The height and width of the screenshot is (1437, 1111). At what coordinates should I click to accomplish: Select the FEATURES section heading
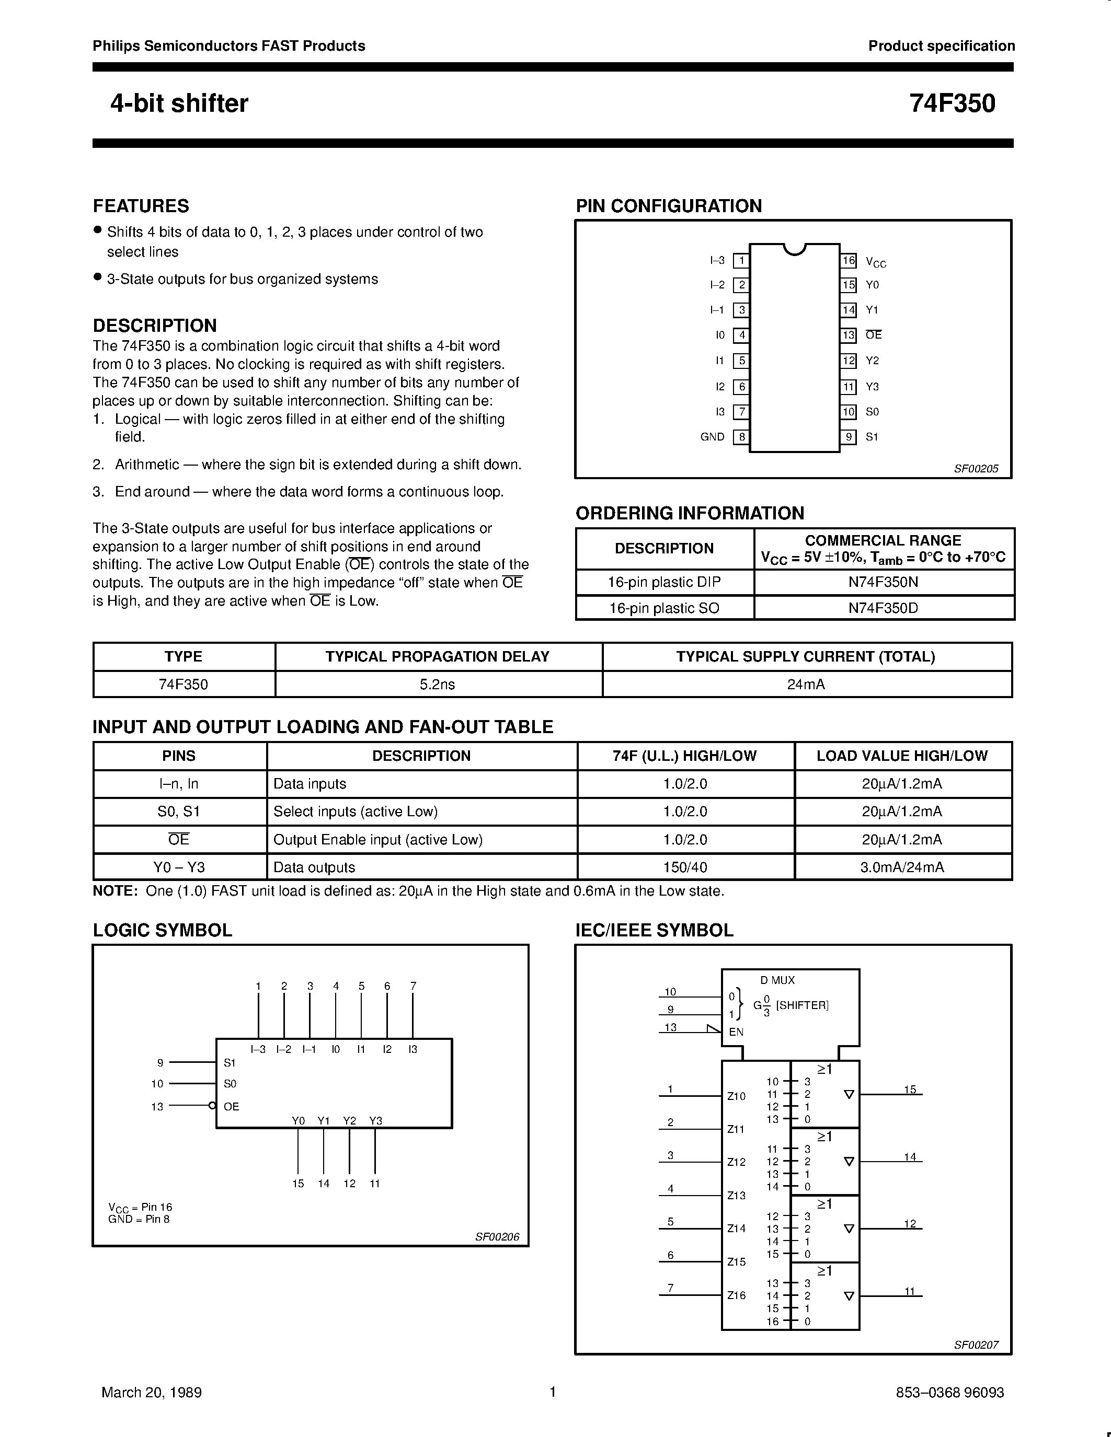(x=141, y=206)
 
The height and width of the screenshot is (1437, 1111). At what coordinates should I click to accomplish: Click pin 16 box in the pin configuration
(x=849, y=261)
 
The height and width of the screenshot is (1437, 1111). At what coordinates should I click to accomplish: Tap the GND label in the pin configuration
(x=712, y=437)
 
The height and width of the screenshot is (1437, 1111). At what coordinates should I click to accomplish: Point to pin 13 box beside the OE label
(x=849, y=335)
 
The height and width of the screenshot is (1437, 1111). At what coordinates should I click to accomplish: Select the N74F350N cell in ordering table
(x=883, y=582)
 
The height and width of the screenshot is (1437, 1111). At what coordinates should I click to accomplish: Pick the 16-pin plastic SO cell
(x=664, y=608)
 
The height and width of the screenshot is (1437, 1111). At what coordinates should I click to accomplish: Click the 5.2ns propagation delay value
(x=438, y=685)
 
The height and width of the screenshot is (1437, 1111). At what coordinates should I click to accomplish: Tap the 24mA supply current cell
(x=806, y=685)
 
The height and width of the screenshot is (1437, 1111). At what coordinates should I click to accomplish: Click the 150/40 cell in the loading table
(x=685, y=867)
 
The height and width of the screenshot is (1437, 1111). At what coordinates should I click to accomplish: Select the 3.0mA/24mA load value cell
(x=902, y=867)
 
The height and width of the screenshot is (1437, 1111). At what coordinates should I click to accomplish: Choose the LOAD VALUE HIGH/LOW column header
(x=902, y=756)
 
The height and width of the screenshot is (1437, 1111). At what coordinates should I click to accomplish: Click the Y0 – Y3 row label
(x=179, y=867)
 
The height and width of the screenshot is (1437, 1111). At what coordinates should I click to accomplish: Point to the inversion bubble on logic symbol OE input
(x=212, y=1106)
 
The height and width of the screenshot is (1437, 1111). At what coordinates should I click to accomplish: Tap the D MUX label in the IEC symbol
(x=777, y=980)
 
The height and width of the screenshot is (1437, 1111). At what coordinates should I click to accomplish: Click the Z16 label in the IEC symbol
(x=737, y=1295)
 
